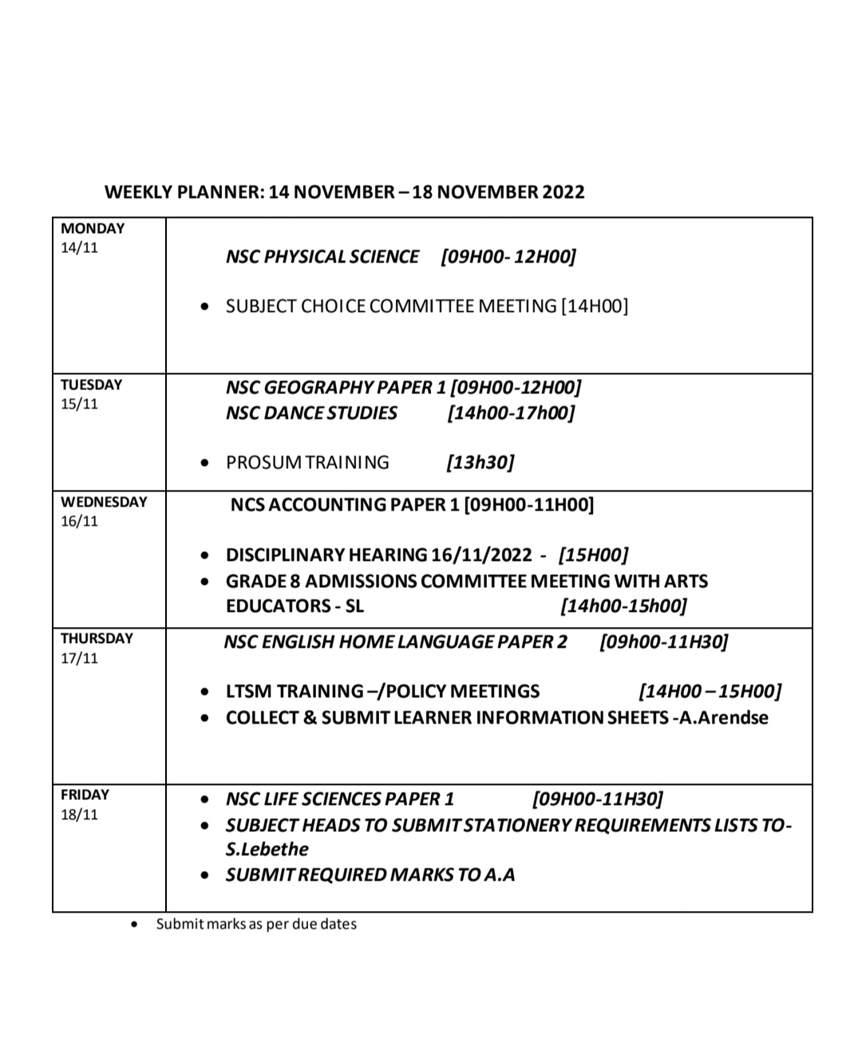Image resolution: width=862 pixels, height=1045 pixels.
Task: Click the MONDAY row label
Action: click(x=93, y=228)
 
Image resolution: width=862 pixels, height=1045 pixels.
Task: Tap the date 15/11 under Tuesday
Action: click(x=79, y=404)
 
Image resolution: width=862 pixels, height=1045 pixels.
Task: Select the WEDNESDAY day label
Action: click(x=104, y=502)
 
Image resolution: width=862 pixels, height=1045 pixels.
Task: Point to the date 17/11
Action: click(x=79, y=658)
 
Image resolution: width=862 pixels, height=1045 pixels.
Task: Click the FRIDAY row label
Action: click(x=85, y=795)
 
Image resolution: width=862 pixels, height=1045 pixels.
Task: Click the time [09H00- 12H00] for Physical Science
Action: click(x=508, y=257)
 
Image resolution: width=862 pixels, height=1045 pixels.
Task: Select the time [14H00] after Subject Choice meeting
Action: click(x=595, y=306)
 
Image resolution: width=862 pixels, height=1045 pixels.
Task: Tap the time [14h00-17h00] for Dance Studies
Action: click(x=511, y=413)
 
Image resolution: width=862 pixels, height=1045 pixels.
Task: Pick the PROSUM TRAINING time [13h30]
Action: click(x=480, y=463)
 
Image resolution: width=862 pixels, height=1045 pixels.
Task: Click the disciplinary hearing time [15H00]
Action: click(x=593, y=555)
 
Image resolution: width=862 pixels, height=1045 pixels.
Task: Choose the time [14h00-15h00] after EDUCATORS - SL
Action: click(x=623, y=606)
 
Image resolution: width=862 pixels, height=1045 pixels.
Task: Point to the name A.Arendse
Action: click(x=723, y=718)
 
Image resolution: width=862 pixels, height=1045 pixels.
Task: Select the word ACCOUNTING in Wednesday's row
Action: click(x=327, y=505)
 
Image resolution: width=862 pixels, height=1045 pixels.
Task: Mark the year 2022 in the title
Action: click(x=563, y=192)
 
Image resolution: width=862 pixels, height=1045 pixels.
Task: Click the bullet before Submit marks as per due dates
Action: click(x=135, y=925)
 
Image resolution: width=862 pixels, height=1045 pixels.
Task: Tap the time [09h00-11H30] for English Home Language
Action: click(x=663, y=642)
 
